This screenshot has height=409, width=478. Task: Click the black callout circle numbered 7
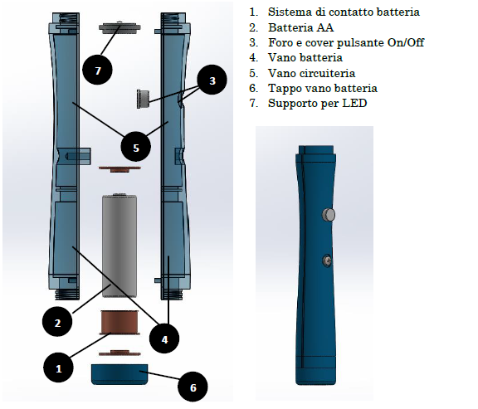[98, 70]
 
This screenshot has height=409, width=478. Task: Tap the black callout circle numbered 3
[212, 80]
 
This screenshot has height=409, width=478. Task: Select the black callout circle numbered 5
[136, 148]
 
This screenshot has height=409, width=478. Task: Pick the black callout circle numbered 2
[57, 322]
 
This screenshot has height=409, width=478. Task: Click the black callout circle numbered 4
[164, 339]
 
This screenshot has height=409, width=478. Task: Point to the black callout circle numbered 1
[59, 368]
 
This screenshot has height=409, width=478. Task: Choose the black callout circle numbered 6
[193, 387]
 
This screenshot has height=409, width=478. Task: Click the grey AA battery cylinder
[119, 246]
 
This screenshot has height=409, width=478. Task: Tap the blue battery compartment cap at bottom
[119, 374]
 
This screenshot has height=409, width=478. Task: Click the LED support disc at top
[119, 27]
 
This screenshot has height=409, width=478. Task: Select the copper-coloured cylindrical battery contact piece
[119, 323]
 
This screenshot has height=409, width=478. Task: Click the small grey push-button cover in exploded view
[143, 99]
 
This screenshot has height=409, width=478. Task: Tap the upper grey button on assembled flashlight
[329, 215]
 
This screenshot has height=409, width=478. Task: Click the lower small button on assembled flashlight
[327, 260]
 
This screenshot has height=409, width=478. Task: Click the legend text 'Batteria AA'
[300, 27]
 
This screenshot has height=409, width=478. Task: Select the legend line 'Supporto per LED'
[317, 103]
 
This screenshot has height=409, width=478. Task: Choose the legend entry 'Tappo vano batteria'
[323, 88]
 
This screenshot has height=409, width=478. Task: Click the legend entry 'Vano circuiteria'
[311, 73]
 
